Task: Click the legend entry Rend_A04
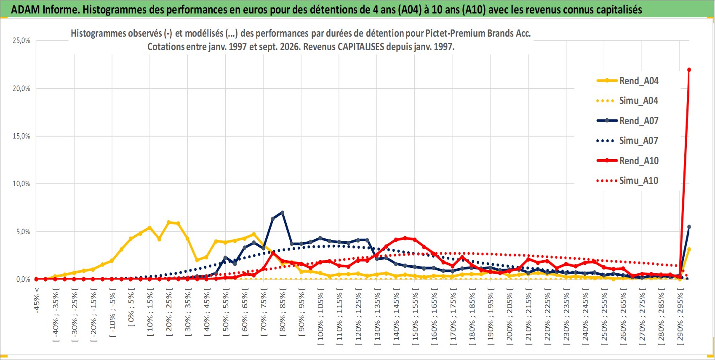coord(627,81)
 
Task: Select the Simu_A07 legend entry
coord(627,141)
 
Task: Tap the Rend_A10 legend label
coord(639,161)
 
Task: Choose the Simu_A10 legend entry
coord(627,181)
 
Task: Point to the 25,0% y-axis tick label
coord(21,40)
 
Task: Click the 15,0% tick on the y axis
coord(21,136)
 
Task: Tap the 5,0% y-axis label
coord(23,232)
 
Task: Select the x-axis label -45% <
coord(37,300)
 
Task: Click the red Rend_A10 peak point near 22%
coord(689,70)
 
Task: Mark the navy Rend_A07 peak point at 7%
coord(283,213)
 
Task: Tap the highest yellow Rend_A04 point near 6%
coord(169,222)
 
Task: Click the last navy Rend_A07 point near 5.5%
coord(689,227)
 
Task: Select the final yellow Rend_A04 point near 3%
coord(689,249)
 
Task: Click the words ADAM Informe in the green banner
coord(45,10)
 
